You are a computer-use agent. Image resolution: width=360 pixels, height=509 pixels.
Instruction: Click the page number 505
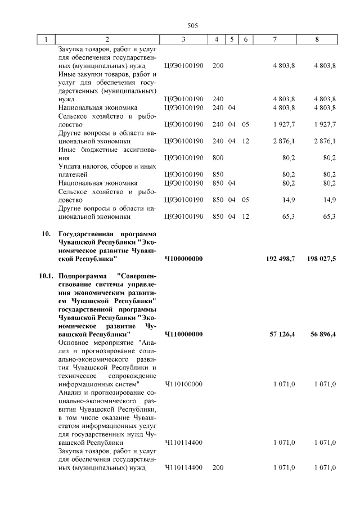tap(191, 25)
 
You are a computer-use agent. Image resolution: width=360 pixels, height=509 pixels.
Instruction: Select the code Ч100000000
tap(183, 259)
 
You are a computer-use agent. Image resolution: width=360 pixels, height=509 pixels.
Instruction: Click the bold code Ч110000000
tap(183, 335)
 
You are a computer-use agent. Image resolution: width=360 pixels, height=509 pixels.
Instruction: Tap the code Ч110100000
tap(183, 384)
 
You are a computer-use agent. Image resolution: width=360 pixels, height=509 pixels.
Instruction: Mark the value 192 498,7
tap(280, 259)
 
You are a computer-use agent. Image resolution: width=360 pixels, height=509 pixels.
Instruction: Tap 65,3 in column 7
tap(289, 217)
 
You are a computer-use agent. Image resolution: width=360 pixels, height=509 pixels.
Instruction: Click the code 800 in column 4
tap(218, 158)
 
